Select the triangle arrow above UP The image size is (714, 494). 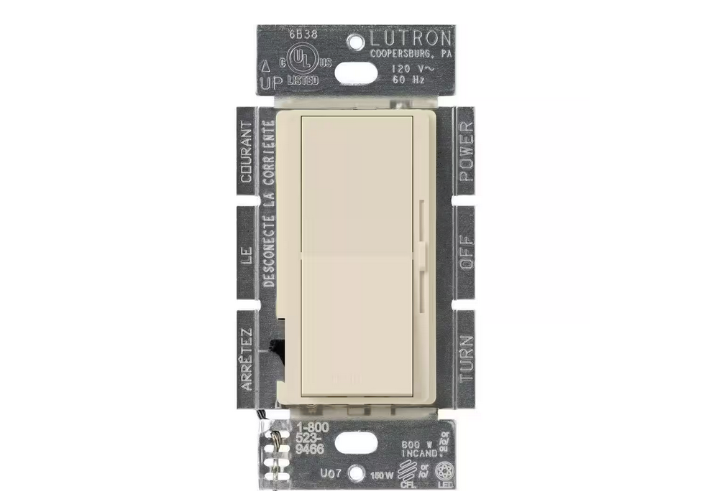[267, 65]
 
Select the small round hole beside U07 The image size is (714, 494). [354, 474]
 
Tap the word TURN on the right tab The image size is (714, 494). [465, 357]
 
